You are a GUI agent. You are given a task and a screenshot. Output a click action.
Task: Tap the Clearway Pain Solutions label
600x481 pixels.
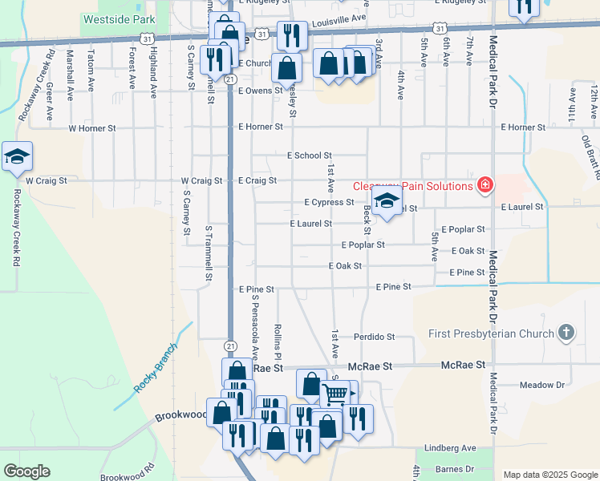pos(413,186)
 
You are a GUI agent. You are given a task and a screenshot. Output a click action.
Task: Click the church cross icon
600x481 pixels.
pos(566,333)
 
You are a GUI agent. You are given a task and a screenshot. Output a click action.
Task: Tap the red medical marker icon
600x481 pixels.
pos(484,186)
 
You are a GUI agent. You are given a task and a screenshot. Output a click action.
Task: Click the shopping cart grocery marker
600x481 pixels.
pos(335,393)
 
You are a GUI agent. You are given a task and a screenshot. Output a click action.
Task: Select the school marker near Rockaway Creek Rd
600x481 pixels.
pos(16,157)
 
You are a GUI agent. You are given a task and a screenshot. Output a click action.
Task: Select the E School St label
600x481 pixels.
pos(309,156)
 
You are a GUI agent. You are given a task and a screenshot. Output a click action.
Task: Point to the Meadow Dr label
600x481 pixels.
pos(542,385)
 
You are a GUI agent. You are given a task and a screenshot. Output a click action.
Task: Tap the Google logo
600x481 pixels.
pos(26,471)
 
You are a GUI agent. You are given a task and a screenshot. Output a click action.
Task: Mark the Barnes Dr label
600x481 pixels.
pos(454,468)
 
